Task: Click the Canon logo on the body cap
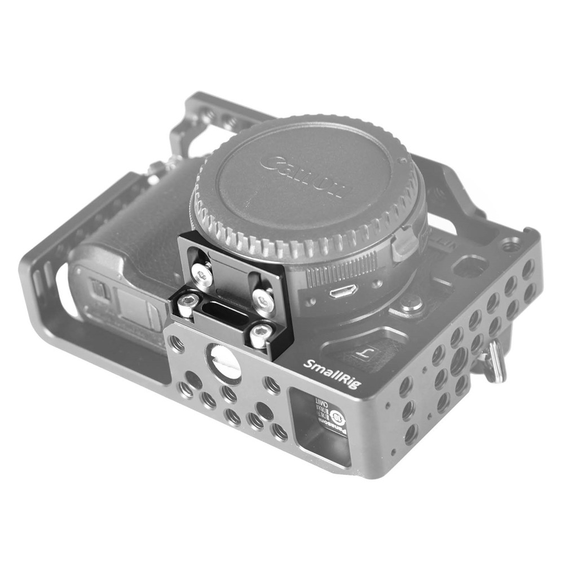click(x=302, y=176)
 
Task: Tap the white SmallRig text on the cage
click(x=332, y=373)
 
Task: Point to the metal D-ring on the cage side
click(x=495, y=362)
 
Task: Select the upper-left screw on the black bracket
click(x=202, y=274)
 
